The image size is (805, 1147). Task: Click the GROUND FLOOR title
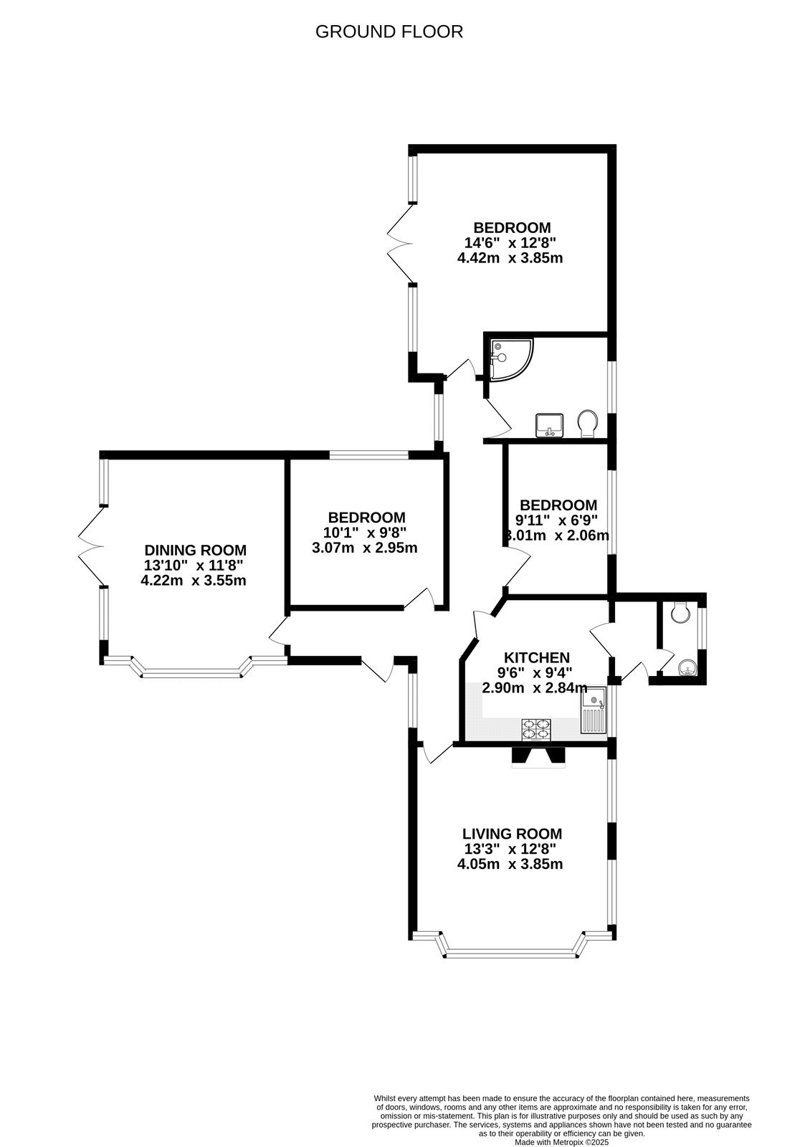coord(389,32)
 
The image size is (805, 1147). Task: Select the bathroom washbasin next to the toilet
coord(550,424)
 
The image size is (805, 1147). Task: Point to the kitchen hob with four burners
coord(538,729)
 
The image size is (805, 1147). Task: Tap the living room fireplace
coord(538,757)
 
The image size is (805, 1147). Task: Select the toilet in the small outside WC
coord(680,612)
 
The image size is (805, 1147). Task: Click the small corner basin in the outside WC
coord(687,668)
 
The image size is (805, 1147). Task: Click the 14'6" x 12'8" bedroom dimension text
coord(510,243)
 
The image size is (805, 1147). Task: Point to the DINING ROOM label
coord(196,550)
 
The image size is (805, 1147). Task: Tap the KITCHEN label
coord(537,657)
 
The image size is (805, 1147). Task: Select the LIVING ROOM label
coord(512,834)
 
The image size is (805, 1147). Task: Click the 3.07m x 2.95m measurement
coord(364,548)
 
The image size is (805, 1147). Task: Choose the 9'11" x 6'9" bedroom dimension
coord(557,520)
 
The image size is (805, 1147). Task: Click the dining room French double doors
coord(92,547)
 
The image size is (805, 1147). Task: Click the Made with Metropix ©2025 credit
coord(561,1142)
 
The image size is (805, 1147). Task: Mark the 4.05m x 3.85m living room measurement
coord(510,864)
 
